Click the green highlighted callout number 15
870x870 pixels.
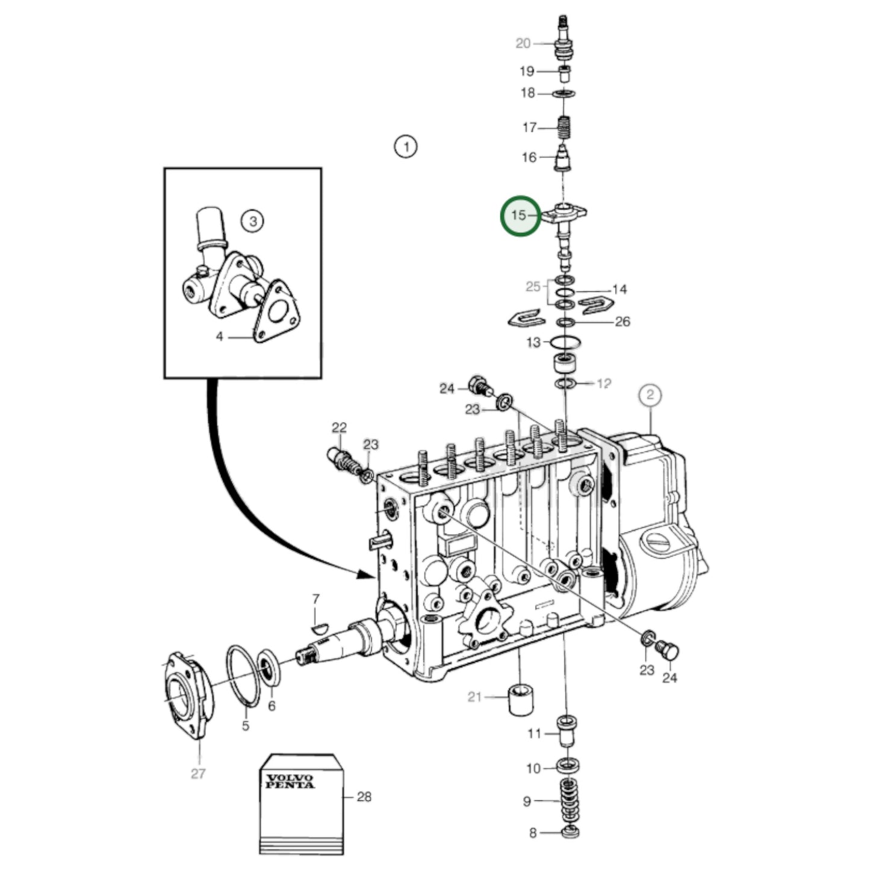pos(520,216)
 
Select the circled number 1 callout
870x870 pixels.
pos(406,146)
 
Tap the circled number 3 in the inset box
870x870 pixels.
pos(253,221)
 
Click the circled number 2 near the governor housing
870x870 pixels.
pos(650,396)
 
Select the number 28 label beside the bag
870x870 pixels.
pos(364,797)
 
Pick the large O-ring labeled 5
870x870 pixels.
pos(243,676)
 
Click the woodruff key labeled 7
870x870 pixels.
pos(320,628)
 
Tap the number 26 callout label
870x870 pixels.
pos(622,322)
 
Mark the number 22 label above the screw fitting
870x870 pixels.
pos(339,427)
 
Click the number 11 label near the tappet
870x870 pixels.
pos(534,733)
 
